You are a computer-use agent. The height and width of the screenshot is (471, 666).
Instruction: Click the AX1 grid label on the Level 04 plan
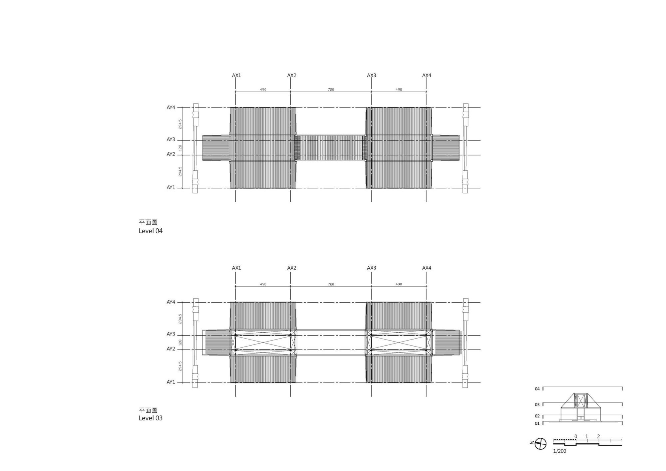tap(236, 76)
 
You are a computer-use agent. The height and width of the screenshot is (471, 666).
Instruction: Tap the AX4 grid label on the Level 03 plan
tap(427, 268)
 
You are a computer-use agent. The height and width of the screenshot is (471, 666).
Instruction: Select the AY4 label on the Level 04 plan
tap(171, 108)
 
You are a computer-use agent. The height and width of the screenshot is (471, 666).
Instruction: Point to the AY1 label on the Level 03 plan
tap(171, 382)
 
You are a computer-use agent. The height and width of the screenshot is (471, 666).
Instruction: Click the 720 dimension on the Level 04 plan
tap(331, 90)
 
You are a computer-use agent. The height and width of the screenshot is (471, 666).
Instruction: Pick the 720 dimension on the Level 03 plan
tap(331, 284)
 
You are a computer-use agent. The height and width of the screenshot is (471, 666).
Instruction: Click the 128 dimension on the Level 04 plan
tap(180, 148)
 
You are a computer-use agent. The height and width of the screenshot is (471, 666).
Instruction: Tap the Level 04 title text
tap(151, 231)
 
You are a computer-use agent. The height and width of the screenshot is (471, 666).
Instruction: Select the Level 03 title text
tap(151, 418)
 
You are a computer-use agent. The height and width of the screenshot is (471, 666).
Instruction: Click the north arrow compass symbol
tap(540, 444)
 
